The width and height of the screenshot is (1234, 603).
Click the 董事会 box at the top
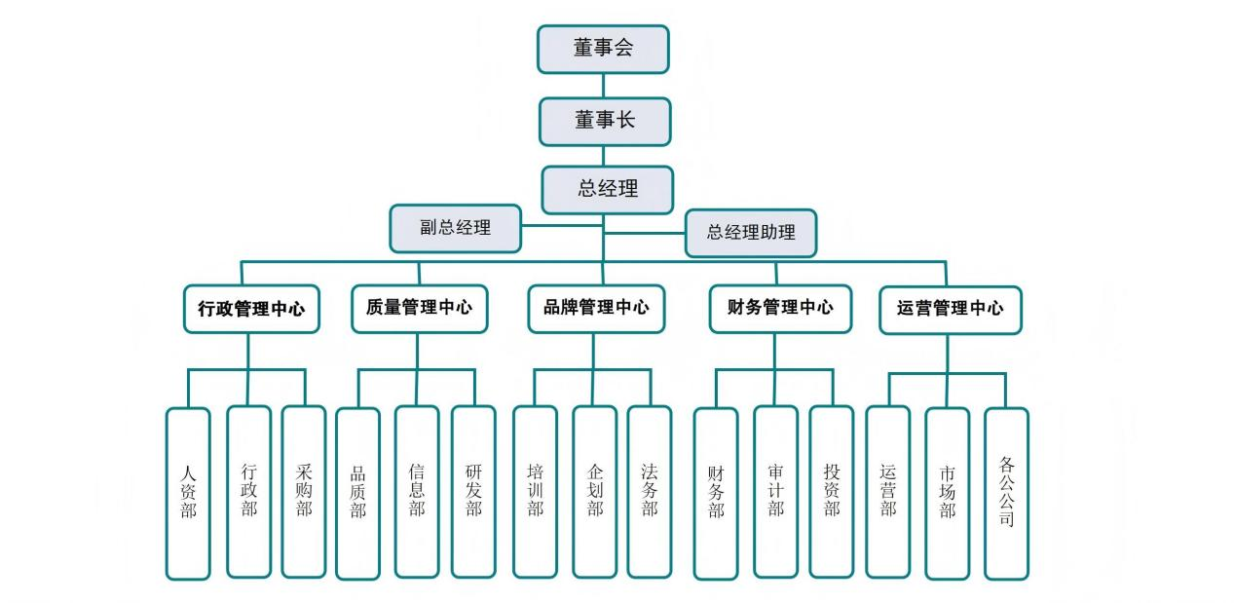[x=603, y=49]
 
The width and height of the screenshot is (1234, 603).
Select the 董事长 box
[x=605, y=121]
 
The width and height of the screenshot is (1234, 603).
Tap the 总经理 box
[x=608, y=189]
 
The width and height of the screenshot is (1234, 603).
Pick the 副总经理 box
[x=456, y=228]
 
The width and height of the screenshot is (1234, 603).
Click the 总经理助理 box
[x=750, y=233]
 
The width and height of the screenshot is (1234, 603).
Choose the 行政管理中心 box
[x=251, y=309]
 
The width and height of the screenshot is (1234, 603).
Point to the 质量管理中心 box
[x=419, y=308]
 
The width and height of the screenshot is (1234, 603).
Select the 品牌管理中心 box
[x=596, y=308]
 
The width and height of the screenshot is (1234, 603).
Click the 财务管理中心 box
[x=779, y=308]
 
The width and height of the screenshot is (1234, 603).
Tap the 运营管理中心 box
[x=950, y=309]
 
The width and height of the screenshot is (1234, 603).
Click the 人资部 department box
[x=188, y=492]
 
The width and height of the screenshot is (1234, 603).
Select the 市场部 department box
[x=947, y=492]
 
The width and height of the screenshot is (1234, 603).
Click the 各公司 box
[x=1006, y=492]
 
